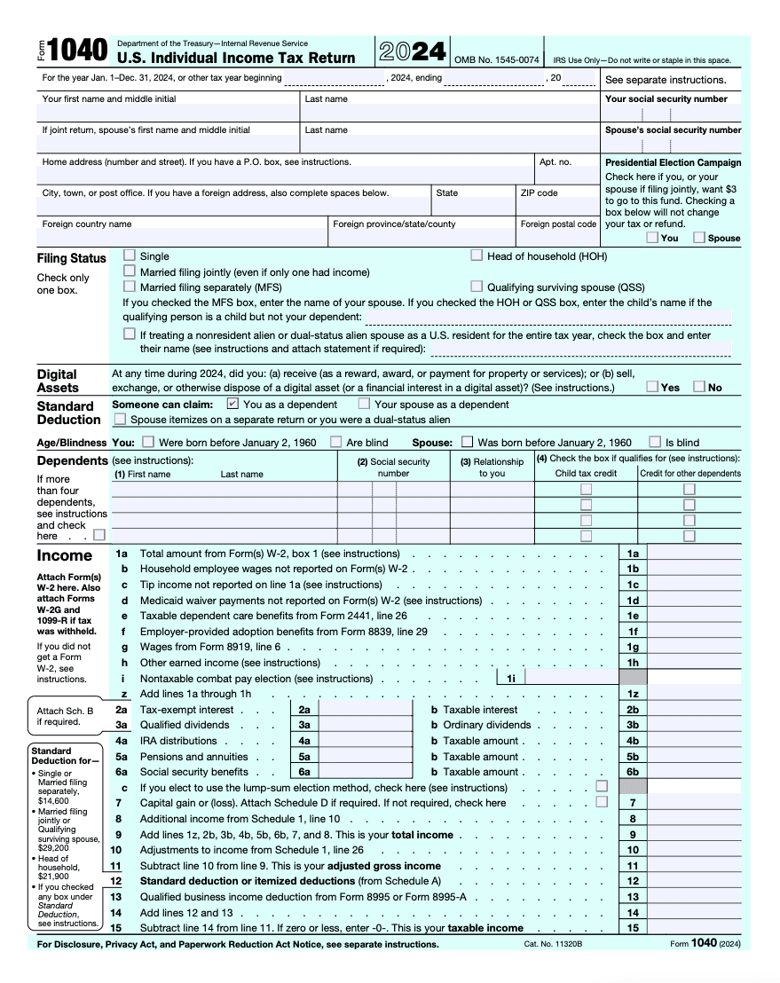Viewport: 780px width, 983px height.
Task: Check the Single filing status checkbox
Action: click(x=130, y=256)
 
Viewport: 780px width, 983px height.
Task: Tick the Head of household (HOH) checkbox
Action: click(x=477, y=256)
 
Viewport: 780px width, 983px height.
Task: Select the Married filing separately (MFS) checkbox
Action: click(x=130, y=287)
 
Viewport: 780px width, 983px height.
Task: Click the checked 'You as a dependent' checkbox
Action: click(x=232, y=404)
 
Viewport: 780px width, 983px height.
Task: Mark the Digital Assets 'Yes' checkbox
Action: click(x=652, y=387)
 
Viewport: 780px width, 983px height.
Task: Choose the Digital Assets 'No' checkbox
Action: click(x=699, y=387)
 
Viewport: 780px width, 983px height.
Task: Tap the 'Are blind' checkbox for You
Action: click(x=336, y=442)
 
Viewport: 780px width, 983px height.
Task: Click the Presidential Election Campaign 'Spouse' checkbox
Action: click(x=699, y=238)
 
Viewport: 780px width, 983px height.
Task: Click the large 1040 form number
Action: click(x=78, y=51)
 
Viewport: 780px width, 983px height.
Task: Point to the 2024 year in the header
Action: click(x=413, y=51)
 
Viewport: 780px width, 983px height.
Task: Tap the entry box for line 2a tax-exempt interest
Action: click(x=365, y=710)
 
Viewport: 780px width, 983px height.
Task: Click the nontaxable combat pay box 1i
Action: click(x=572, y=678)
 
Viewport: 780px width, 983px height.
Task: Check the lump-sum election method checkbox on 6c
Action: click(x=603, y=786)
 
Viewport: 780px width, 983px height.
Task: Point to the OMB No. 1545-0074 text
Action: click(x=496, y=60)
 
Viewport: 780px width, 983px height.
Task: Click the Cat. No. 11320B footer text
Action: click(x=553, y=945)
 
